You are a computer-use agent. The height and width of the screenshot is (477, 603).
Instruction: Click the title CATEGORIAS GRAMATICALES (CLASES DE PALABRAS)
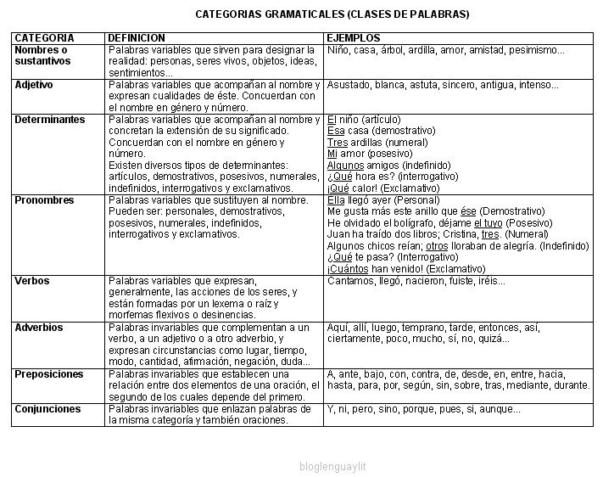pyautogui.click(x=332, y=14)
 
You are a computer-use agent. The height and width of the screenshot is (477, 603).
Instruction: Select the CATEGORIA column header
pyautogui.click(x=44, y=38)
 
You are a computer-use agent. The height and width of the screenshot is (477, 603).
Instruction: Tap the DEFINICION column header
pyautogui.click(x=137, y=38)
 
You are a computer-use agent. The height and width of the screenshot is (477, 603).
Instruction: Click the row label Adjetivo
pyautogui.click(x=34, y=85)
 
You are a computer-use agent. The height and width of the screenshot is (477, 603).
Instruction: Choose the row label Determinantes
pyautogui.click(x=50, y=120)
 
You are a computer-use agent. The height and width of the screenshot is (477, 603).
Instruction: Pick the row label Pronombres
pyautogui.click(x=44, y=200)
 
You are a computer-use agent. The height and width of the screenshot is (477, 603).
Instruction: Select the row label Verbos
pyautogui.click(x=32, y=281)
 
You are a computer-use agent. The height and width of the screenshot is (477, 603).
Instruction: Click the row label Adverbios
pyautogui.click(x=39, y=328)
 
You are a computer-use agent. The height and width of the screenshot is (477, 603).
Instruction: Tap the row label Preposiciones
pyautogui.click(x=49, y=373)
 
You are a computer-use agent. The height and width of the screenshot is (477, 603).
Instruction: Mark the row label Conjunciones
pyautogui.click(x=47, y=409)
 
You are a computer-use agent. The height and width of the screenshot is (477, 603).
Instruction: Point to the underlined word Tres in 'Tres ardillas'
pyautogui.click(x=337, y=143)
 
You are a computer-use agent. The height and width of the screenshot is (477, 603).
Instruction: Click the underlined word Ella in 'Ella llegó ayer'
pyautogui.click(x=337, y=200)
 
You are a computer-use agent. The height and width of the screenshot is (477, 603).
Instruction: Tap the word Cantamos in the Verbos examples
pyautogui.click(x=349, y=281)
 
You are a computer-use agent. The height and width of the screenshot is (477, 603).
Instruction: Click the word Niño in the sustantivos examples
pyautogui.click(x=338, y=50)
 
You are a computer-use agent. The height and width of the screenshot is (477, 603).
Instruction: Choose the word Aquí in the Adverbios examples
pyautogui.click(x=338, y=328)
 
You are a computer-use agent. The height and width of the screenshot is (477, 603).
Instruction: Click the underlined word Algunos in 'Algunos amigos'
pyautogui.click(x=344, y=166)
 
